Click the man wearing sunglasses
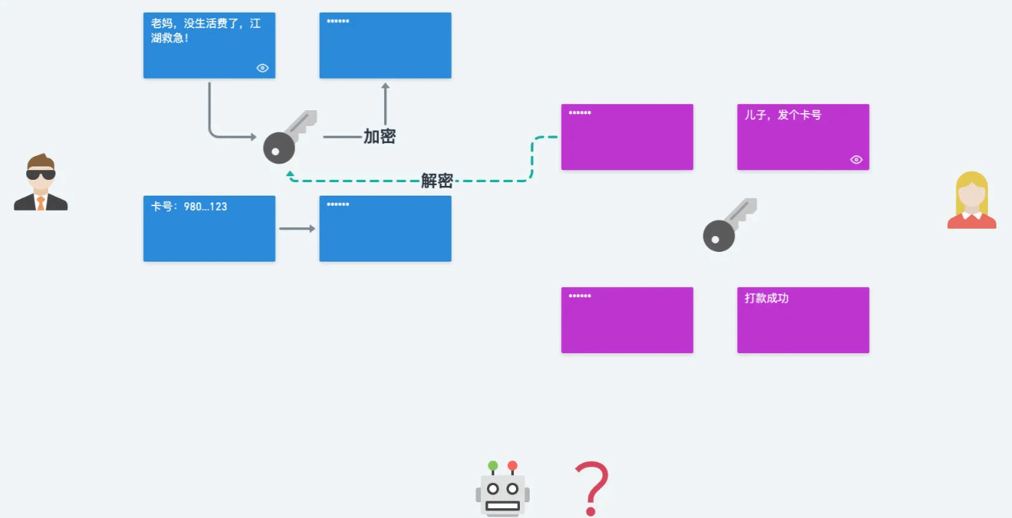coord(40,182)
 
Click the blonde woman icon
coord(972,200)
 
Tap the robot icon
coord(503,488)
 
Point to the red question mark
coord(592,488)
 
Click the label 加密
coord(380,136)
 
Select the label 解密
coord(437,181)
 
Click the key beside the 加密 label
coord(290,137)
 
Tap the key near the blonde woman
coord(730,225)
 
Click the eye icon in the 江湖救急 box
coord(262,67)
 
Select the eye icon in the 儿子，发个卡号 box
coord(856,160)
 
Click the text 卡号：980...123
coord(189,207)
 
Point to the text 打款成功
coord(767,298)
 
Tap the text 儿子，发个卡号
coord(783,115)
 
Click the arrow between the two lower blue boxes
coord(297,229)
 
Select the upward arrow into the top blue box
coord(385,103)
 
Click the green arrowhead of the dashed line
coord(290,174)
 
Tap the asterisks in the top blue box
coord(338,21)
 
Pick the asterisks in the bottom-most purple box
coord(580,296)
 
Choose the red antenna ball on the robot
coord(512,466)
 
